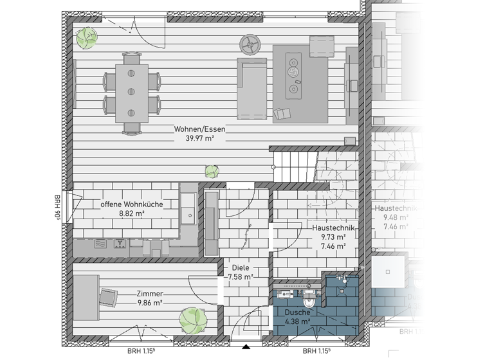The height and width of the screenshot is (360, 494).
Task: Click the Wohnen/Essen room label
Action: point(199,129)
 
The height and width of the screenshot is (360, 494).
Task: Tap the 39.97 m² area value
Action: point(199,138)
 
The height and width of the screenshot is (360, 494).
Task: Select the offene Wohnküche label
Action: point(131,204)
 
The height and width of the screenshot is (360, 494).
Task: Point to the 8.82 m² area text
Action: point(131,214)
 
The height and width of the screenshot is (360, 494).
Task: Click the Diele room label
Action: point(240,267)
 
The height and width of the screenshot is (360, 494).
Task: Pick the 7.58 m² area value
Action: point(240,277)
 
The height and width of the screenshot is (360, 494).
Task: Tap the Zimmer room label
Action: point(149,293)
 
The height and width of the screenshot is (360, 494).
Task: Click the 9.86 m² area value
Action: point(149,303)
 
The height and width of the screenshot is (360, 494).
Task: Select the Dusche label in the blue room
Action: point(297,312)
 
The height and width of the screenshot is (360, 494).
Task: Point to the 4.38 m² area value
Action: point(297,321)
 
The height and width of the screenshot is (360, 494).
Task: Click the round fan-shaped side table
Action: point(249,44)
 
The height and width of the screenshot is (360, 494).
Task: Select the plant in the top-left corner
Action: point(84,39)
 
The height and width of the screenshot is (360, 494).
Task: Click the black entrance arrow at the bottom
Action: point(245,348)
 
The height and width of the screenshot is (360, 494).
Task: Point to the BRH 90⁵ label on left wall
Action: point(57,207)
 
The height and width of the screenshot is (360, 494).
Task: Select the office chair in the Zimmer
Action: point(107,296)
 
